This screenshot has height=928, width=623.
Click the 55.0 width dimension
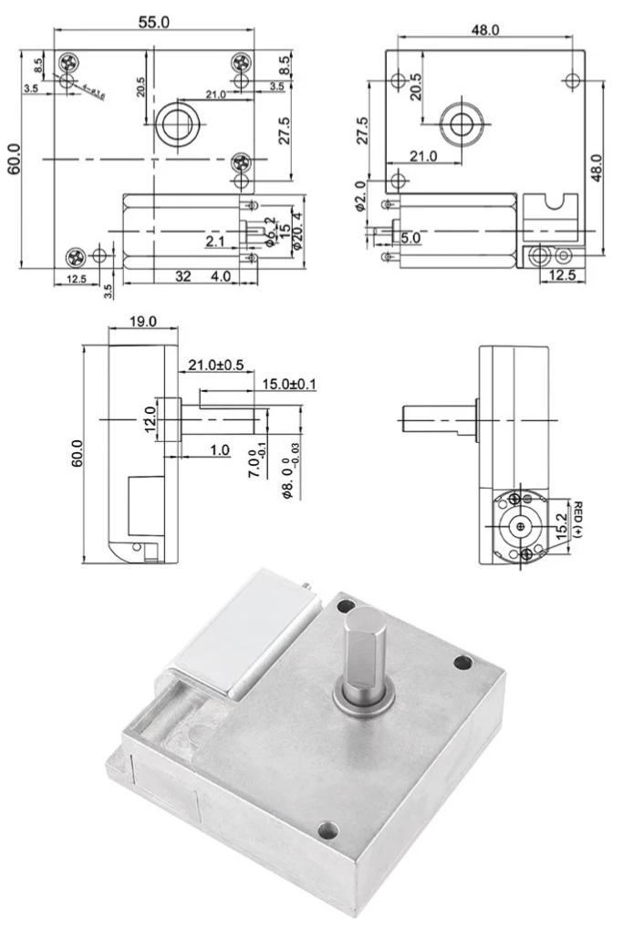coord(153,21)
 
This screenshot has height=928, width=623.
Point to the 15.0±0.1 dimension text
coord(289,384)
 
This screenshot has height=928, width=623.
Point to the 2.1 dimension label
coord(215,242)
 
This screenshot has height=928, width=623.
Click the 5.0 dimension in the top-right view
coord(410,238)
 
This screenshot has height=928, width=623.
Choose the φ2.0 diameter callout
coord(360,195)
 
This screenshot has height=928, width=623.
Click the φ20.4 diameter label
coord(296,232)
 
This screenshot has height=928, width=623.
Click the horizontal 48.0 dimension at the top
coord(484,30)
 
